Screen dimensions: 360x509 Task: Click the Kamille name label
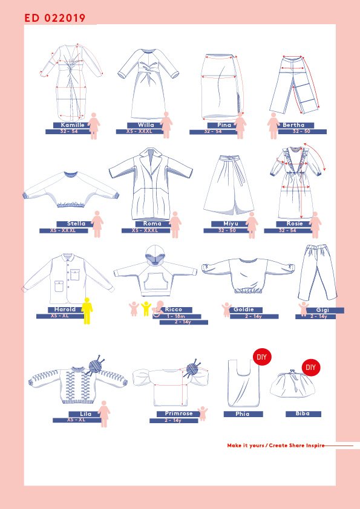72,125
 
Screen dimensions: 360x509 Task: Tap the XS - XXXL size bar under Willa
139,131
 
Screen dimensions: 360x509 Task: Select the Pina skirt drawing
222,86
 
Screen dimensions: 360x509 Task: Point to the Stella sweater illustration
71,190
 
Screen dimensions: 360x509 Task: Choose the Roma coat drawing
151,184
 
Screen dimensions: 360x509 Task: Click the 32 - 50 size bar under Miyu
227,230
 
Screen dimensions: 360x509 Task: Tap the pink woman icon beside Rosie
315,225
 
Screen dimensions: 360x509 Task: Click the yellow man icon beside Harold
87,311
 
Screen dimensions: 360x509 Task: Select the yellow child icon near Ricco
146,309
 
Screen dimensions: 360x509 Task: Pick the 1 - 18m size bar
177,317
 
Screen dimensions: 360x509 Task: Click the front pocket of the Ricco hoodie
155,282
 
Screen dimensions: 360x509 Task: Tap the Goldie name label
244,310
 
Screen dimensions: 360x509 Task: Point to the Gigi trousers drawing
317,273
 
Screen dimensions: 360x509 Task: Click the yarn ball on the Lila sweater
95,366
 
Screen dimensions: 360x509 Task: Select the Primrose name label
178,414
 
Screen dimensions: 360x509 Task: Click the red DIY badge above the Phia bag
262,357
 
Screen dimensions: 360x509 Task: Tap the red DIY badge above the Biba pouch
310,368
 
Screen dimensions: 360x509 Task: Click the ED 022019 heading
55,18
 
